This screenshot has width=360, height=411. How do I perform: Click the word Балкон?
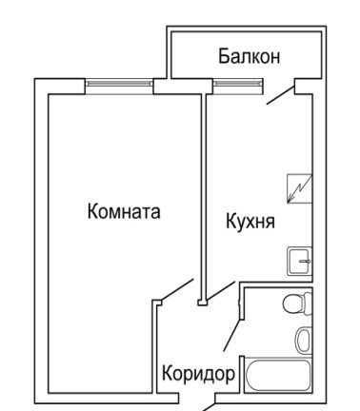(250, 56)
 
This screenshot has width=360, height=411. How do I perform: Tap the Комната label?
(124, 211)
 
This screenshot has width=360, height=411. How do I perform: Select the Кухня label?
(250, 221)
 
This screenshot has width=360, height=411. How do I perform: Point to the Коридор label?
(199, 374)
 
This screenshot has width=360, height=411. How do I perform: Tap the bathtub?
(278, 376)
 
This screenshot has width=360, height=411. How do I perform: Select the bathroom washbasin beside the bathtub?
(303, 340)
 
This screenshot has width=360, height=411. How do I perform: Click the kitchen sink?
(299, 261)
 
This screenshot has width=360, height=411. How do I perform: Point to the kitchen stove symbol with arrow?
(299, 188)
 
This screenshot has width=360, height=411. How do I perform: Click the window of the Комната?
(119, 83)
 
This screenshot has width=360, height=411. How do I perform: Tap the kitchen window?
(238, 83)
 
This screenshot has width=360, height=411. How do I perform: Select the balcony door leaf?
(281, 95)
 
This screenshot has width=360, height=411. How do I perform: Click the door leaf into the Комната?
(177, 289)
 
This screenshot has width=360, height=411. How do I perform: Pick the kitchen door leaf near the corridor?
(221, 290)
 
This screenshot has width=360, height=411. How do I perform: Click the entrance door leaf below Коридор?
(209, 407)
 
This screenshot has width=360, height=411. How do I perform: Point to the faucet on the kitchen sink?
(305, 262)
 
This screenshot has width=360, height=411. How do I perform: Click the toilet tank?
(308, 303)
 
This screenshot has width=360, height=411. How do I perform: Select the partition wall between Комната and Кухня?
(204, 197)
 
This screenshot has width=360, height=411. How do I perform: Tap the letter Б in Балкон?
(223, 56)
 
